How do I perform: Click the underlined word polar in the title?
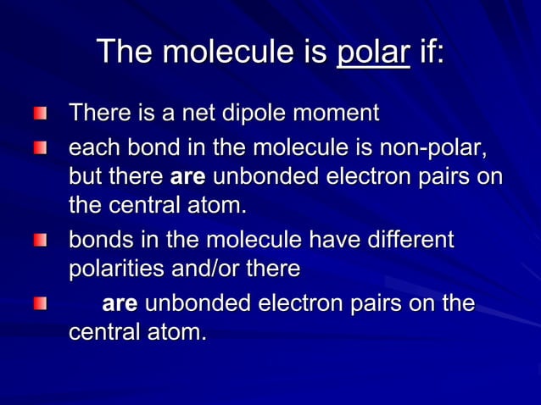(374, 53)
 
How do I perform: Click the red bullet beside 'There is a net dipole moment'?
(41, 114)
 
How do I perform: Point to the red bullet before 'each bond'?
(41, 150)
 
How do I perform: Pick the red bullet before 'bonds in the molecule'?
(41, 241)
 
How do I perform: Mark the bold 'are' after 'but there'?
(188, 179)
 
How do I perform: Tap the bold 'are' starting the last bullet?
(120, 304)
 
